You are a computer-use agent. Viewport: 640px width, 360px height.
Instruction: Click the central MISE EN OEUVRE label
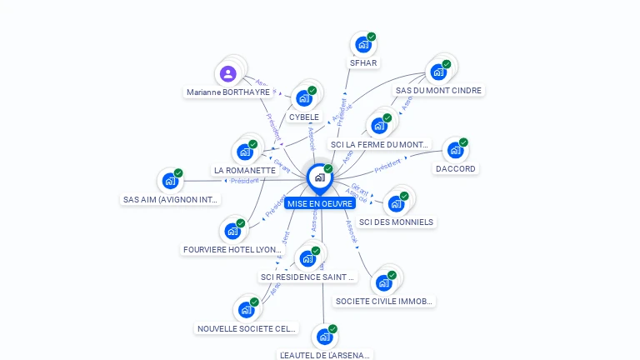(320, 203)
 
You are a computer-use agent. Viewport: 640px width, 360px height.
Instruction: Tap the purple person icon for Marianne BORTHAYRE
(228, 74)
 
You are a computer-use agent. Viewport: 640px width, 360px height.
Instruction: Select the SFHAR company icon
(362, 44)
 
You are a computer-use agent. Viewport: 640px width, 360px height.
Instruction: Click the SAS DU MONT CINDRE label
(438, 90)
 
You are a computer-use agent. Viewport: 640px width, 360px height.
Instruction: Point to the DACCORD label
(456, 168)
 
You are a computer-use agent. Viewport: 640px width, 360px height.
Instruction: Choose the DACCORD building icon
(454, 151)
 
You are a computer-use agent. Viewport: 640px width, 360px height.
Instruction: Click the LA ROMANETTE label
(244, 170)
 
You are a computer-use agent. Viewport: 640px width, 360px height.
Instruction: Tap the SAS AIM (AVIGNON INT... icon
(170, 181)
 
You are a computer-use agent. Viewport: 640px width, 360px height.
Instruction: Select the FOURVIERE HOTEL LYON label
(232, 249)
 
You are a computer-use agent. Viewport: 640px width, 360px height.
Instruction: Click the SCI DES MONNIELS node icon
(396, 204)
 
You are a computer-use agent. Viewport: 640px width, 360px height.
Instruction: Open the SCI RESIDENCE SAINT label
(307, 277)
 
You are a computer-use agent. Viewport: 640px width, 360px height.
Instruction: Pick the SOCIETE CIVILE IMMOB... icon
(383, 283)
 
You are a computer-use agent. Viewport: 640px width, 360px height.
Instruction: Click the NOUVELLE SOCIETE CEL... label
(247, 328)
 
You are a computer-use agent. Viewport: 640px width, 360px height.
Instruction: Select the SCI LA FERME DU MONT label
(379, 144)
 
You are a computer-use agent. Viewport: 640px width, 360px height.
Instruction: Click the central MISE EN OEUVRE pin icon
(319, 177)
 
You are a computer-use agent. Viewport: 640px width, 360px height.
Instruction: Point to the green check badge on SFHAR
(372, 37)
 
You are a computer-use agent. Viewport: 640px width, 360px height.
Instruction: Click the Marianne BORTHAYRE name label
(228, 92)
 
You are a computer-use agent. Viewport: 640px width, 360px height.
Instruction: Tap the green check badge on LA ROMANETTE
(252, 144)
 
